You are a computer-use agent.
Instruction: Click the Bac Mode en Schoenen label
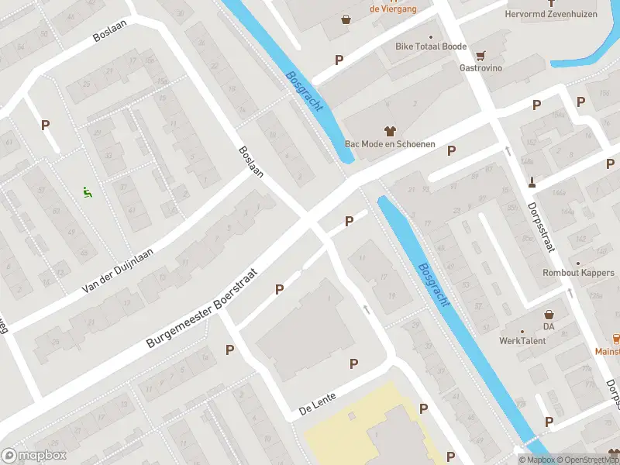(390, 144)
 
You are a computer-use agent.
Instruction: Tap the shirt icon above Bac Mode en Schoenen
(390, 131)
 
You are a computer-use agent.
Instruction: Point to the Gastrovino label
(480, 68)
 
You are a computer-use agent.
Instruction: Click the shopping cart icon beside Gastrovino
(480, 55)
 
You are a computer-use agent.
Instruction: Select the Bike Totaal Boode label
(431, 46)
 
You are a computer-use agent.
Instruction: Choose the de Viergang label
(393, 9)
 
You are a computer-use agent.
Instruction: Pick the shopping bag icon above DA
(549, 315)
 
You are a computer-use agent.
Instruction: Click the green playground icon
(87, 191)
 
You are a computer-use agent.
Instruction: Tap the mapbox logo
(33, 456)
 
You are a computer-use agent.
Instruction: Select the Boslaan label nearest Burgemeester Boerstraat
(251, 162)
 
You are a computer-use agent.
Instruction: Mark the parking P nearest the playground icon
(45, 124)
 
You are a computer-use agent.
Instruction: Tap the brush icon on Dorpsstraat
(532, 183)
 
